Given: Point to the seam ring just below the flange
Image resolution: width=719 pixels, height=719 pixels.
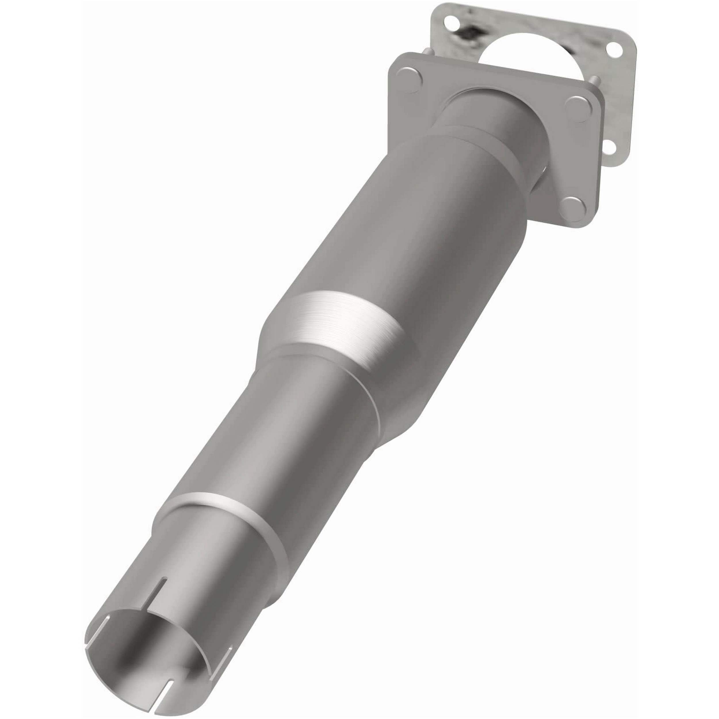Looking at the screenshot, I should pos(480,138).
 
